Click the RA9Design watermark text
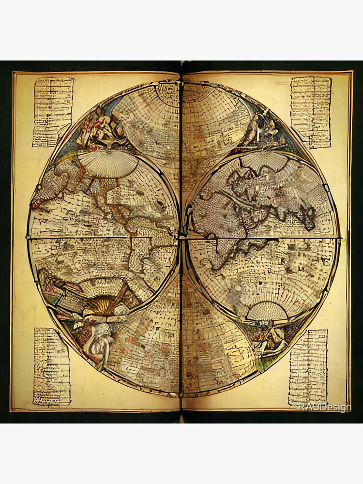pyautogui.click(x=324, y=408)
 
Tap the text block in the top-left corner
pyautogui.click(x=53, y=112)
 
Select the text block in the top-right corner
pyautogui.click(x=311, y=112)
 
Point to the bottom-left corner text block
pyautogui.click(x=52, y=366)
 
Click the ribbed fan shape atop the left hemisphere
pyautogui.click(x=107, y=163)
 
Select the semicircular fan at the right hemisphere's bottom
pyautogui.click(x=267, y=311)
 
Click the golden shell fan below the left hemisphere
pyautogui.click(x=103, y=306)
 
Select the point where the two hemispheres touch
pyautogui.click(x=181, y=237)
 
